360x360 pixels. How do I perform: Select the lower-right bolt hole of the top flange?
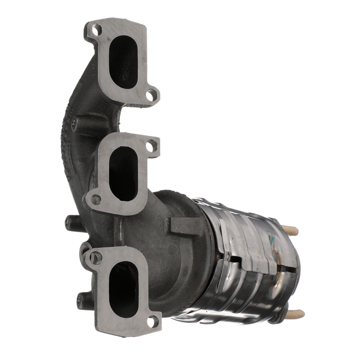point(151,95)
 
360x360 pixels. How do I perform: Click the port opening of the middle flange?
point(122,173)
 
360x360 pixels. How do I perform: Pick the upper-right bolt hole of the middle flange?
point(150,146)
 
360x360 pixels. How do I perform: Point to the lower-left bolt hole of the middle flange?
point(96,199)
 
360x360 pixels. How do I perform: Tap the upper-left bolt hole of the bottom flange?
point(96,258)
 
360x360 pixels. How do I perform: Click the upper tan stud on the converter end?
point(291,230)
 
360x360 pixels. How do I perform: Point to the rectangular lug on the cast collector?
point(182,226)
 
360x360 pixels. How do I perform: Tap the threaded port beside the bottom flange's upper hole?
point(85,247)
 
